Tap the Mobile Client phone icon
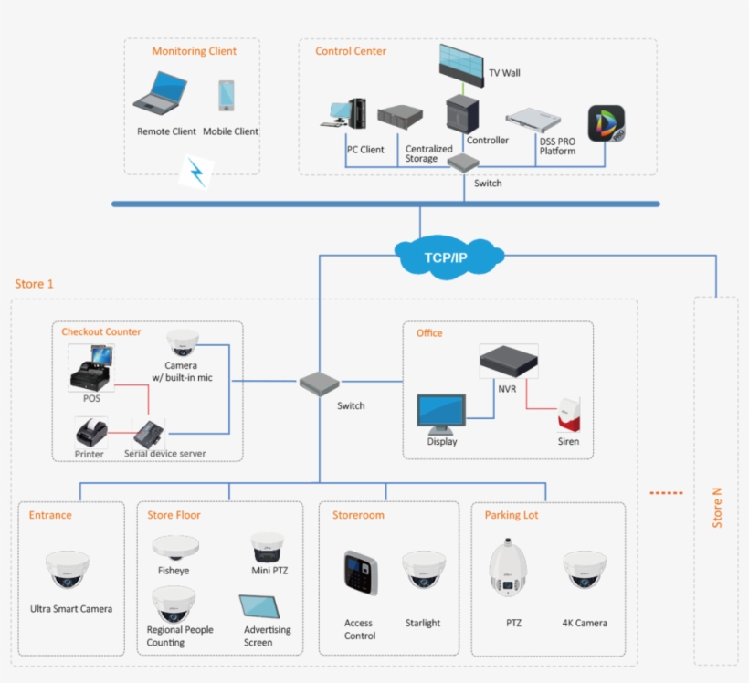coord(226,97)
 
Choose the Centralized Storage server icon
coord(401,116)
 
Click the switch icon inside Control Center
coord(463,163)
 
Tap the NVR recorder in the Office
coord(509,361)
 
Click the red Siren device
coord(569,415)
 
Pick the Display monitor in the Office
coord(441,414)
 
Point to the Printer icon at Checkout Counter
coord(91,431)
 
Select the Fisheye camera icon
coord(175,547)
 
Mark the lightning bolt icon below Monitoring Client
coord(195,172)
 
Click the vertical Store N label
coord(717,507)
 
